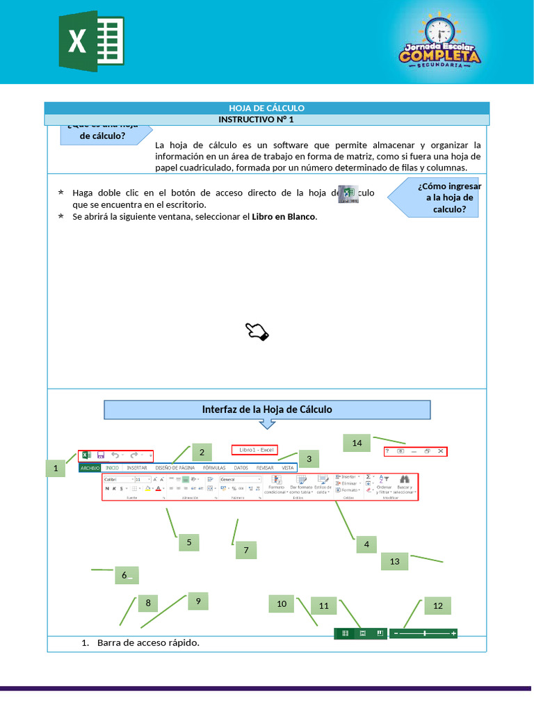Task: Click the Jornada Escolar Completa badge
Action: [439, 41]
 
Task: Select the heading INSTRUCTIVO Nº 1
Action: [266, 120]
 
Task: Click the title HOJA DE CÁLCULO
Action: [266, 108]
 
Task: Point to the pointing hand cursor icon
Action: [257, 332]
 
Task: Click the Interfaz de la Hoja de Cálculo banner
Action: [267, 410]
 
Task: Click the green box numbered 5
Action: [189, 542]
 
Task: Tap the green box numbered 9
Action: [198, 601]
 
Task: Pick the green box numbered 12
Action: [437, 606]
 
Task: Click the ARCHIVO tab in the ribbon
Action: [90, 469]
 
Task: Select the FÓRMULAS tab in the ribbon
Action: [214, 469]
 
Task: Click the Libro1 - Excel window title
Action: [254, 450]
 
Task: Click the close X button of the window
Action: [440, 451]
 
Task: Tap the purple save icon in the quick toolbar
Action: [101, 455]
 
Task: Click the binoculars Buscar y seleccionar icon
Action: [404, 479]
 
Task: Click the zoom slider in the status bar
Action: [424, 633]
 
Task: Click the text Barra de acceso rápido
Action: [148, 642]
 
